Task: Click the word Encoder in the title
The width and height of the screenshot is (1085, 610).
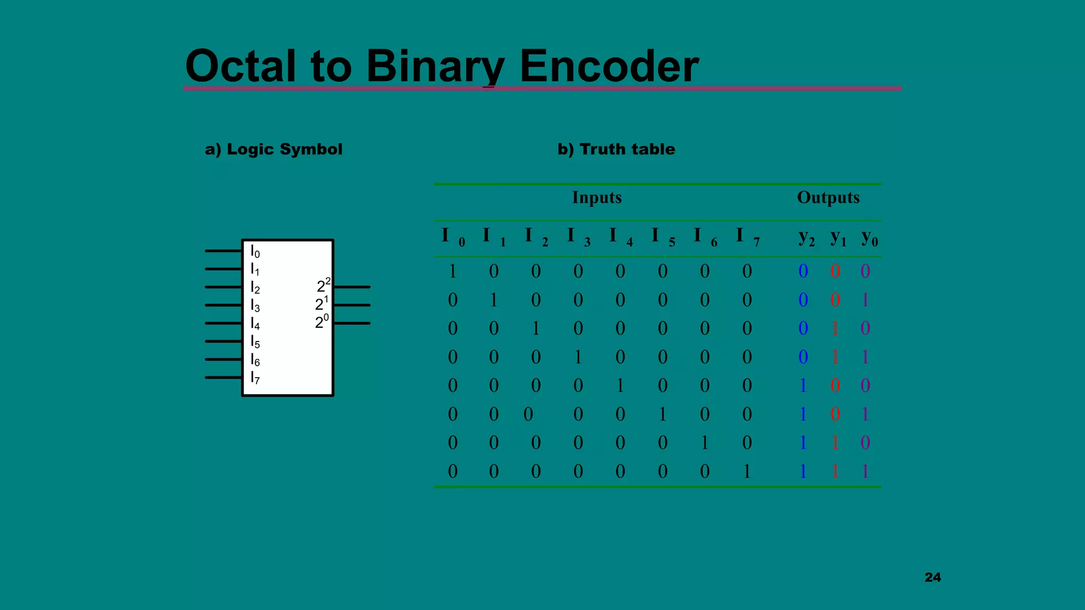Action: pos(609,66)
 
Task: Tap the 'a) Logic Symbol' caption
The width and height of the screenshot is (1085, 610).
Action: pos(273,149)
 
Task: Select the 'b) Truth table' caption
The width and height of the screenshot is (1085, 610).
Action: pos(616,149)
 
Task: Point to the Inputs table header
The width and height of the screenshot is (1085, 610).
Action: pos(597,198)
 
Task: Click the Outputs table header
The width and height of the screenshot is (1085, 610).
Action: pos(828,198)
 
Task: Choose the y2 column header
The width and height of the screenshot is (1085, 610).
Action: pos(806,237)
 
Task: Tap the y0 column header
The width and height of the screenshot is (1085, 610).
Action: pos(869,237)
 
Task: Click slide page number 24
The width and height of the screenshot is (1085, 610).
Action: pos(932,577)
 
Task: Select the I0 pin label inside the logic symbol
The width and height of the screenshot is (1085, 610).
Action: pos(255,252)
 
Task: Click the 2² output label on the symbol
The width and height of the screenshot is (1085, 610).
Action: pos(323,285)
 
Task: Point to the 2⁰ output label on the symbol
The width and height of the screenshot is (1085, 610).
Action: pos(322,321)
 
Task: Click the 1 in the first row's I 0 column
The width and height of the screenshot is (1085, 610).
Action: pos(452,271)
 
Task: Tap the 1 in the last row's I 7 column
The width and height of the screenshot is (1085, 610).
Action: pos(747,471)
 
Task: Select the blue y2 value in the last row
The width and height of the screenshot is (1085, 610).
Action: pos(803,471)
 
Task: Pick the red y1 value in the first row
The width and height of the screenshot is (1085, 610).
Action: pos(835,271)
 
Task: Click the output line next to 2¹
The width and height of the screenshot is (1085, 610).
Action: pos(352,305)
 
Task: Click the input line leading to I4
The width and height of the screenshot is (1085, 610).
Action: pos(223,323)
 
